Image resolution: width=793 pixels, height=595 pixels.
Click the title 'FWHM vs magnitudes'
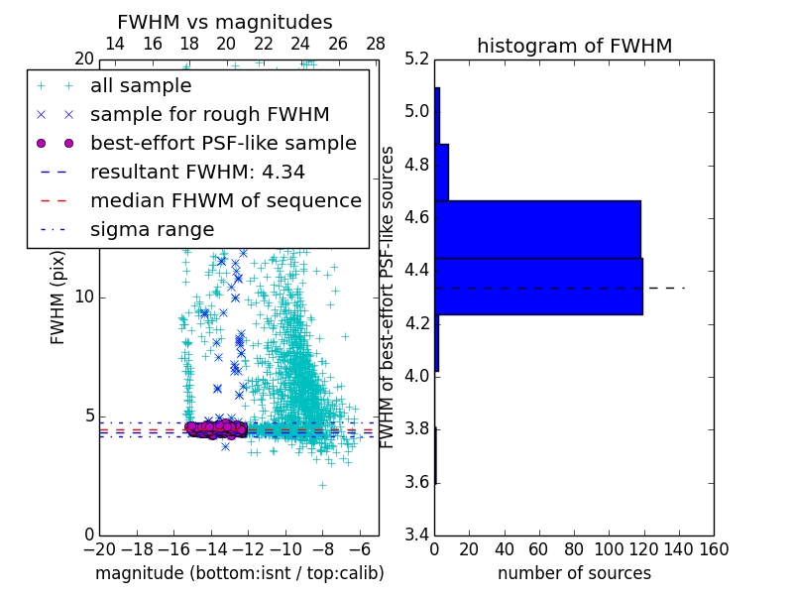tap(225, 23)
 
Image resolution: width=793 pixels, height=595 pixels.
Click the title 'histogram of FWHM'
tap(574, 47)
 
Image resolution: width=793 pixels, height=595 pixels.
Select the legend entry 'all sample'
tap(141, 86)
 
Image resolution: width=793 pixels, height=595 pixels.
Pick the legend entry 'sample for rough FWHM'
tap(209, 114)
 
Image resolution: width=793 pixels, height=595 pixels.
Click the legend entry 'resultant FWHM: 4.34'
tap(197, 172)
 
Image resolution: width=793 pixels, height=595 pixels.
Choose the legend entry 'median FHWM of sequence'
tap(225, 200)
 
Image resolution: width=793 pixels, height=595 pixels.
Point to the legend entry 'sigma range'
tap(152, 229)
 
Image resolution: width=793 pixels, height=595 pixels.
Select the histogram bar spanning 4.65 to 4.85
tap(441, 173)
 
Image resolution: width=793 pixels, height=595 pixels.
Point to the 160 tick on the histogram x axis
tap(713, 549)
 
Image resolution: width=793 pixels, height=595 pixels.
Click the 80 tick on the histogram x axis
tap(574, 549)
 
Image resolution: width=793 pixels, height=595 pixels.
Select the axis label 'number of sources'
tap(574, 573)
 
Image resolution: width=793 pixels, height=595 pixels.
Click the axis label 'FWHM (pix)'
tap(58, 297)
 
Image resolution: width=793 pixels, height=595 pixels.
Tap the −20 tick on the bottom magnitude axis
tap(99, 549)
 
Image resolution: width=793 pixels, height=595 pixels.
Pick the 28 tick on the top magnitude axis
tap(376, 44)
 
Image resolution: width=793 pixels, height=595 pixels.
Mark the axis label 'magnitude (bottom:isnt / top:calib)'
tap(239, 573)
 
